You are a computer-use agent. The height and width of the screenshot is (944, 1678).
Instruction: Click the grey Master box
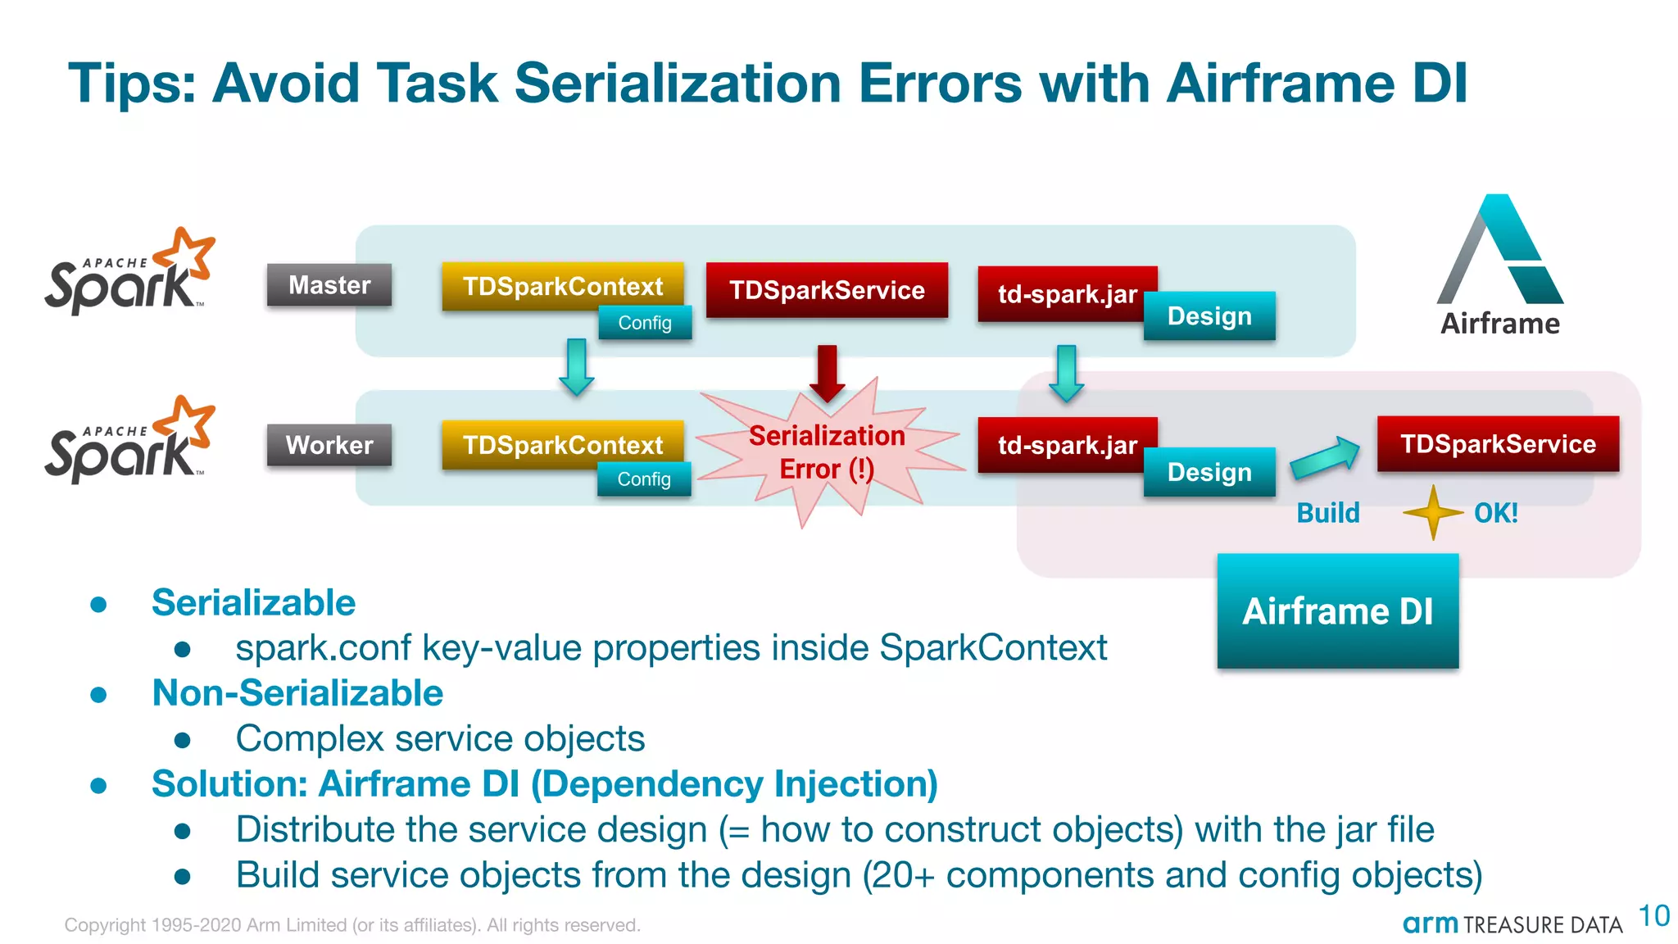click(329, 285)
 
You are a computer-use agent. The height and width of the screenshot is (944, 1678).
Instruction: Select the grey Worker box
click(329, 445)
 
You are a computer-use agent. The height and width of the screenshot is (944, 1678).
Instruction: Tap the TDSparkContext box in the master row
click(562, 285)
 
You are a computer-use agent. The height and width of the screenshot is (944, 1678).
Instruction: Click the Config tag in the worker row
click(644, 479)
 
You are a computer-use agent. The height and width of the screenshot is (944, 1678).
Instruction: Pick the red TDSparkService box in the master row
click(827, 290)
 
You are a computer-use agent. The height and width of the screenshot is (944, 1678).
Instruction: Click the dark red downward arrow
click(828, 373)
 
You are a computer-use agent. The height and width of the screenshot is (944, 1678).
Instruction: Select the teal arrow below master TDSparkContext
click(577, 367)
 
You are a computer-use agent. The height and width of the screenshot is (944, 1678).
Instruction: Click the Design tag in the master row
click(1209, 316)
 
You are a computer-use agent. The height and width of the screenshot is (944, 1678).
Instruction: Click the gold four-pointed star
click(1433, 513)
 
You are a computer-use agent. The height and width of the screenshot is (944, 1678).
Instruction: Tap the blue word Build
click(1327, 513)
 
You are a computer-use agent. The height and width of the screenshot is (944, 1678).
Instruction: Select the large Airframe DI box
click(1337, 611)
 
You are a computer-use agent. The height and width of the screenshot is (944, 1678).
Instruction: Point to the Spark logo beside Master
click(129, 273)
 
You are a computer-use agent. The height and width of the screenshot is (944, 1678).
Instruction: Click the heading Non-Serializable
click(297, 693)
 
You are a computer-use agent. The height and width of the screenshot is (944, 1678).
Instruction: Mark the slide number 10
click(1653, 916)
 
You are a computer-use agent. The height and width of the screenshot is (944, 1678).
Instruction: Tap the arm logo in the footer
click(1430, 924)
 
